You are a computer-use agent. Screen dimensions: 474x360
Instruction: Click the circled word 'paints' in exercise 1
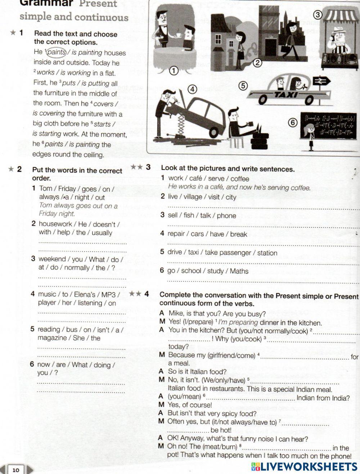(57, 52)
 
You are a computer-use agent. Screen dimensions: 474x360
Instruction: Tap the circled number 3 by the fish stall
(317, 15)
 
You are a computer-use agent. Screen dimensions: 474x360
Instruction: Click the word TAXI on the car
(286, 95)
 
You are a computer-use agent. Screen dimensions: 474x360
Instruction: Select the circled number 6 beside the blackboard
(293, 123)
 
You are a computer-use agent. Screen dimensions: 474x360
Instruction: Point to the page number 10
(16, 470)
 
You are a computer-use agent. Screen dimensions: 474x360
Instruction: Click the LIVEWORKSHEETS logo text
(304, 467)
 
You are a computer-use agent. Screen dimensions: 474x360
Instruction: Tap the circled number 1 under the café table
(174, 71)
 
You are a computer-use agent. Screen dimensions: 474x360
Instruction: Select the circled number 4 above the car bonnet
(193, 89)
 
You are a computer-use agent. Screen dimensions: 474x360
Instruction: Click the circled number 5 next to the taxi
(243, 86)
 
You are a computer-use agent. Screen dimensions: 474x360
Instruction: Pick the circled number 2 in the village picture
(257, 63)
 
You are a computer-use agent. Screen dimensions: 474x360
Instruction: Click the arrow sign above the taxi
(321, 81)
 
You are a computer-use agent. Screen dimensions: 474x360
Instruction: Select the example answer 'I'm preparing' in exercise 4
(238, 322)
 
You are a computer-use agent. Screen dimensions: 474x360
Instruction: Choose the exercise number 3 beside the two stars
(148, 167)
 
